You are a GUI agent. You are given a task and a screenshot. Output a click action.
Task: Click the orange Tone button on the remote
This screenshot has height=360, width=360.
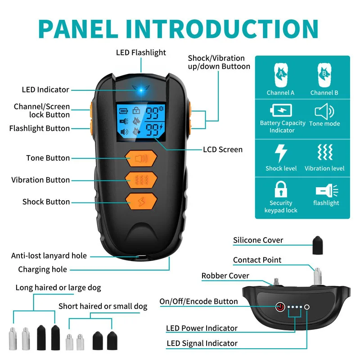[141, 158]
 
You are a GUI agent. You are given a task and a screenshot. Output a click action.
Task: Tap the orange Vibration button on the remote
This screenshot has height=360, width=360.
[141, 180]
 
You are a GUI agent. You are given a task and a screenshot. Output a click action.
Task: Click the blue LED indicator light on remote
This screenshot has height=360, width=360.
[141, 89]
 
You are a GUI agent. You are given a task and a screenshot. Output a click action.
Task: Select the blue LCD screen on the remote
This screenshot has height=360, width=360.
[141, 120]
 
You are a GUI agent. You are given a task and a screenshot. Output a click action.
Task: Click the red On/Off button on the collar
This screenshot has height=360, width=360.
[280, 307]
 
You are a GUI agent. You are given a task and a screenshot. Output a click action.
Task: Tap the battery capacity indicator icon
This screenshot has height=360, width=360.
[281, 110]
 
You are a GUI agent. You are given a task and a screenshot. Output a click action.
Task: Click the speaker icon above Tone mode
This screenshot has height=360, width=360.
[324, 111]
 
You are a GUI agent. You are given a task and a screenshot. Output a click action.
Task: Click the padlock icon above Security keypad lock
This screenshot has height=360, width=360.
[281, 189]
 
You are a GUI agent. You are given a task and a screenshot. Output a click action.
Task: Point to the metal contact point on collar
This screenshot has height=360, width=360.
[318, 274]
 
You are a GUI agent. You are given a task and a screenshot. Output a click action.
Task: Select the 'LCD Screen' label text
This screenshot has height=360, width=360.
[222, 149]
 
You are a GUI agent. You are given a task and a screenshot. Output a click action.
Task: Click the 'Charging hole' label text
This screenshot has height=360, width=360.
[42, 269]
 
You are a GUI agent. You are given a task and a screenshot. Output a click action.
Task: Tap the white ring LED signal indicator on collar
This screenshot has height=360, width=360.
[307, 307]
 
